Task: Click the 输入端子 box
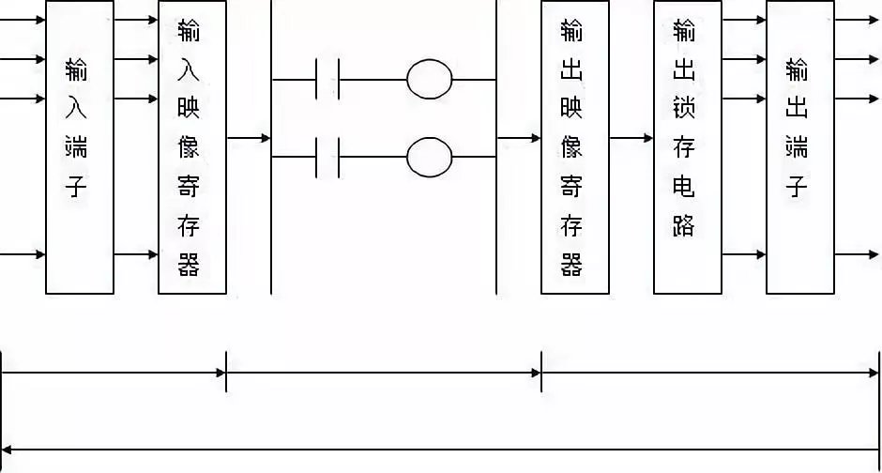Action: pyautogui.click(x=79, y=147)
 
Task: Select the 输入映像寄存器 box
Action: pyautogui.click(x=192, y=147)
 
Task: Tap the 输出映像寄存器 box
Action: pyautogui.click(x=574, y=147)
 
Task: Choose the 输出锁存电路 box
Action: pyautogui.click(x=687, y=147)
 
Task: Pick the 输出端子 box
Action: pyautogui.click(x=799, y=147)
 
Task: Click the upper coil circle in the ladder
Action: pyautogui.click(x=430, y=80)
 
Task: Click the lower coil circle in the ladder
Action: pyautogui.click(x=430, y=157)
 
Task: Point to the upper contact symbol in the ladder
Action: pyautogui.click(x=327, y=80)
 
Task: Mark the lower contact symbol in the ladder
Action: pyautogui.click(x=327, y=157)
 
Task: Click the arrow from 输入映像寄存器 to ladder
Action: pyautogui.click(x=249, y=138)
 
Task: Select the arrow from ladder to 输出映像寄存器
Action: pyautogui.click(x=519, y=138)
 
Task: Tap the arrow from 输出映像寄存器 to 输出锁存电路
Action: pyautogui.click(x=631, y=138)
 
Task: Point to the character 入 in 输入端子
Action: pyautogui.click(x=77, y=108)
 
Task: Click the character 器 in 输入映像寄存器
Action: pyautogui.click(x=190, y=265)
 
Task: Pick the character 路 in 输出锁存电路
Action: pyautogui.click(x=685, y=225)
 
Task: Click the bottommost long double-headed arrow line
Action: pyautogui.click(x=441, y=449)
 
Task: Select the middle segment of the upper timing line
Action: pyautogui.click(x=383, y=373)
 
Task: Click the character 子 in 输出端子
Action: pyautogui.click(x=798, y=186)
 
